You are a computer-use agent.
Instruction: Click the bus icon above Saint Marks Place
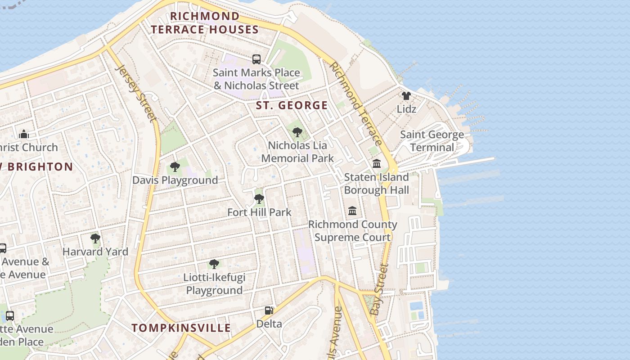coord(256,59)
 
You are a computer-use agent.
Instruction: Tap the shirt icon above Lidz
coord(406,95)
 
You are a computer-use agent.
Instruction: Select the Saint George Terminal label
coord(432,141)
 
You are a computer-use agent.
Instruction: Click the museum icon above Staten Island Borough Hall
coord(377,164)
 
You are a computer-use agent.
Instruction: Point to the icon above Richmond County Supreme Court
coord(352,211)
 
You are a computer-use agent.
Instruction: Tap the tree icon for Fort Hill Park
coord(259,198)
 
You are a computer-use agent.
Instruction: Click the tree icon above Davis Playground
coord(175,167)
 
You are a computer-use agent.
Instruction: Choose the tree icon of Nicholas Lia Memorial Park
coord(297,132)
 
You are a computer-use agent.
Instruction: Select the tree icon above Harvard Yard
coord(95,238)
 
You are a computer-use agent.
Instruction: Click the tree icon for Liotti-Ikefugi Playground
coord(214,264)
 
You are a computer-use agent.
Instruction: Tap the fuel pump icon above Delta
coord(269,310)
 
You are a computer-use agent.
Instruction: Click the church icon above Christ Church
coord(24,134)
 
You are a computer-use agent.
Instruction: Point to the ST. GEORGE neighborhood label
coord(292,106)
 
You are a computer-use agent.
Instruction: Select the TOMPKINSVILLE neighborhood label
coord(181,328)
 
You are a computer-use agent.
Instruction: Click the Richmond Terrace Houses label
coord(204,23)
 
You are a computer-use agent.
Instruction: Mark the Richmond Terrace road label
coord(355,103)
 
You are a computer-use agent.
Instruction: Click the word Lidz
coord(406,109)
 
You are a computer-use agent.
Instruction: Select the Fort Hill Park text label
coord(259,212)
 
